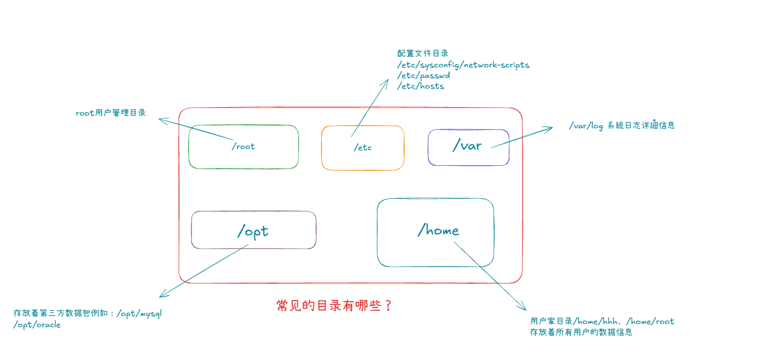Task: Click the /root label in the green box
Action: [243, 146]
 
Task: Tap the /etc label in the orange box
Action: [363, 147]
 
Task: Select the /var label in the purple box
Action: [467, 145]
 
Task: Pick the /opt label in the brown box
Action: [253, 231]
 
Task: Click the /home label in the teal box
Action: [439, 230]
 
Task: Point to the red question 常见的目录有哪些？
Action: [335, 306]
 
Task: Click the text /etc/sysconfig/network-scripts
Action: [463, 65]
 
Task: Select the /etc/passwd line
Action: [424, 75]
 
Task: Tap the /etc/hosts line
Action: [420, 86]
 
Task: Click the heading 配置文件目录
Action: [423, 54]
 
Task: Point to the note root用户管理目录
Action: [110, 113]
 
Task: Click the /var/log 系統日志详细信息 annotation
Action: [621, 126]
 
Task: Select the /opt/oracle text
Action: [37, 324]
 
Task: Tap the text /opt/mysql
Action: [139, 313]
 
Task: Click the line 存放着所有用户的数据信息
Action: [581, 332]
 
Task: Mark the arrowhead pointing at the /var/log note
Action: [550, 128]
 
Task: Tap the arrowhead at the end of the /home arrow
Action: [524, 308]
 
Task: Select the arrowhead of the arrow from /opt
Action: [162, 296]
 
